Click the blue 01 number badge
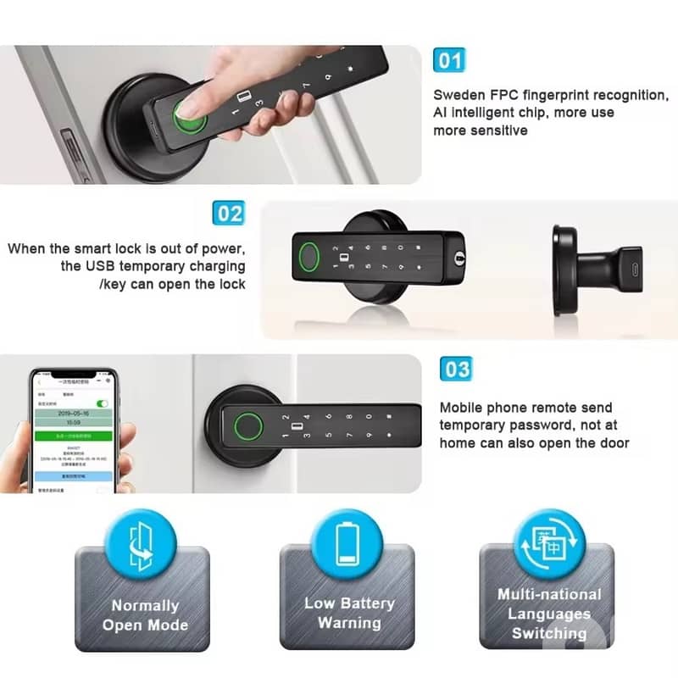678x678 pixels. pos(449,61)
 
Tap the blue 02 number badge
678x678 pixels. pos(227,213)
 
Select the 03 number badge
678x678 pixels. pos(456,370)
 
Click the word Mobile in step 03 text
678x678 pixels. pos(463,408)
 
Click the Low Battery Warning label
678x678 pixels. pos(348,613)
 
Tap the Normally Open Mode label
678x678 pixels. pos(145,615)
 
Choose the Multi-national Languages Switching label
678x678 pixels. pos(548,614)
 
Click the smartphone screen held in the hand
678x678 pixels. pos(71,432)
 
